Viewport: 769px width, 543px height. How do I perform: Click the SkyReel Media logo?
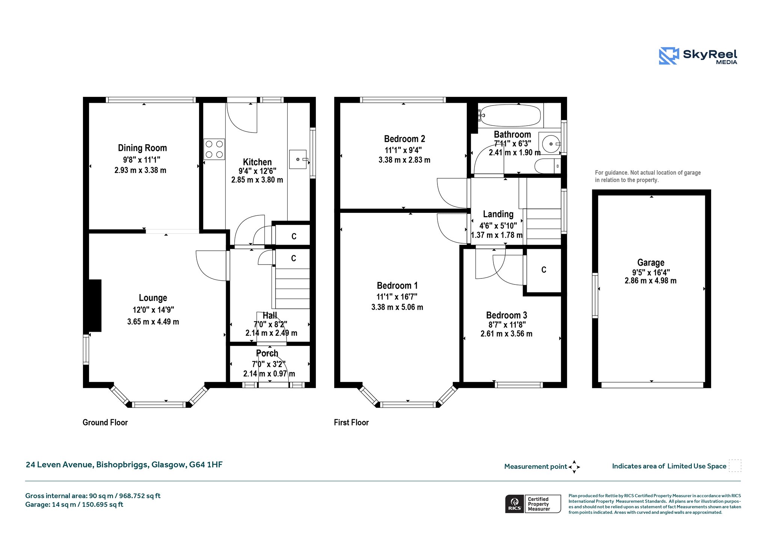point(698,56)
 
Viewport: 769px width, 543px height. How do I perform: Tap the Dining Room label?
point(142,148)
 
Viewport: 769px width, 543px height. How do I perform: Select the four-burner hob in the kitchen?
point(214,149)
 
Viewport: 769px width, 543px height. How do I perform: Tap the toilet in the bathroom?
point(548,166)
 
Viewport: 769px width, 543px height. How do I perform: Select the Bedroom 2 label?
point(404,139)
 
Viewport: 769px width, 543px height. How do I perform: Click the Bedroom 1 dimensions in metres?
point(397,307)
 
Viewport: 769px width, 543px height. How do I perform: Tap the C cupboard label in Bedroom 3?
point(544,270)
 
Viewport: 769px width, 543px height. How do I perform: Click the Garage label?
point(651,262)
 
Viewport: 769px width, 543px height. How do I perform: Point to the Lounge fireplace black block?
point(95,305)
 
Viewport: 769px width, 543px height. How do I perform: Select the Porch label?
point(267,353)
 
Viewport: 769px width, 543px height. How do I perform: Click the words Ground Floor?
point(105,423)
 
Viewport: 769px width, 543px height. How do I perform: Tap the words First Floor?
point(351,423)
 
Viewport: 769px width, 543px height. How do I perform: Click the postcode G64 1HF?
point(206,465)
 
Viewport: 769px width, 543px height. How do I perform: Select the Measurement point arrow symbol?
point(574,467)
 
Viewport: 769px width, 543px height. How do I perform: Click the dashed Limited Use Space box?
point(735,466)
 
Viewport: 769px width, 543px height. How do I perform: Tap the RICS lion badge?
point(514,504)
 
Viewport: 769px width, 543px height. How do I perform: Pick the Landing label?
point(498,214)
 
